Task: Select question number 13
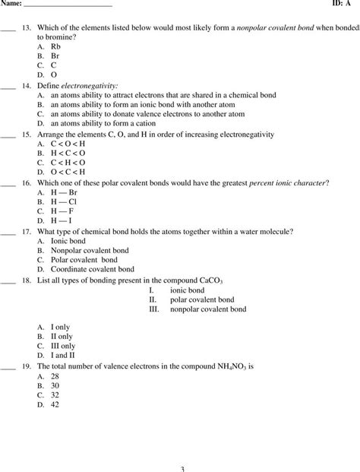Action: (26, 27)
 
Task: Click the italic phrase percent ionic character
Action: (286, 183)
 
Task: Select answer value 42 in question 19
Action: (55, 404)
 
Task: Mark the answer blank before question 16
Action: (8, 183)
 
